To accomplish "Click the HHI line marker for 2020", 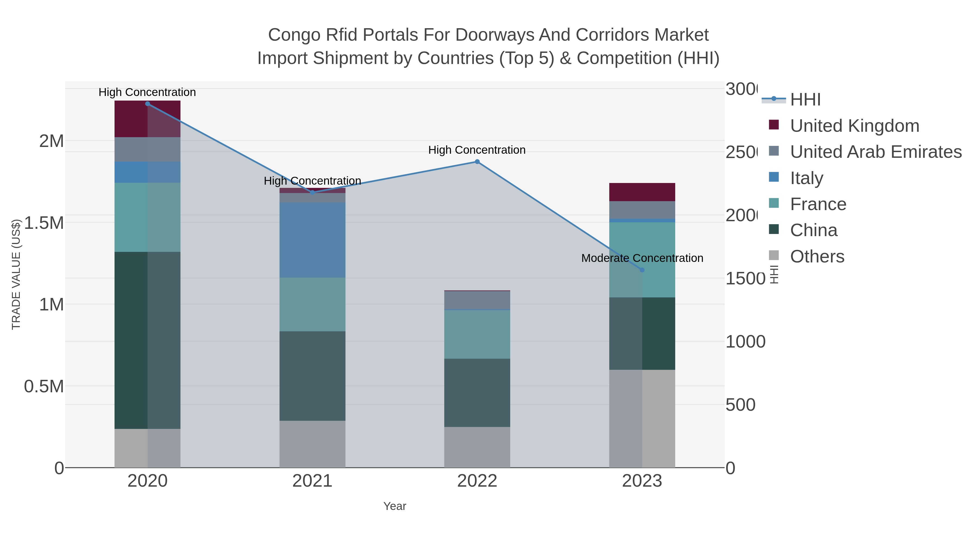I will click(x=148, y=104).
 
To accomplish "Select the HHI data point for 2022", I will click(x=477, y=162).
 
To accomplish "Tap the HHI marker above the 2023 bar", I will click(x=642, y=270).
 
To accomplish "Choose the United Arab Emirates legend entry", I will click(x=875, y=152).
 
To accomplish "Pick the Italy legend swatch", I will click(x=774, y=177).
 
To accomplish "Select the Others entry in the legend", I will click(x=817, y=256).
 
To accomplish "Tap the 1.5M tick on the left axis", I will click(x=44, y=223).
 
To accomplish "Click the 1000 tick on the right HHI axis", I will click(x=745, y=342).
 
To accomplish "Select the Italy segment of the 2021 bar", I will click(x=312, y=240).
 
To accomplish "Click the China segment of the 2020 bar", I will click(x=148, y=340).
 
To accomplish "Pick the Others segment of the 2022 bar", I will click(x=477, y=447).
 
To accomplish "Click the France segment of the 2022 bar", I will click(x=477, y=334).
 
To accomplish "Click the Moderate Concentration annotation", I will click(x=642, y=258).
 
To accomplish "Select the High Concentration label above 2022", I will click(x=477, y=150).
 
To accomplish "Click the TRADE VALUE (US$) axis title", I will click(x=16, y=274).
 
